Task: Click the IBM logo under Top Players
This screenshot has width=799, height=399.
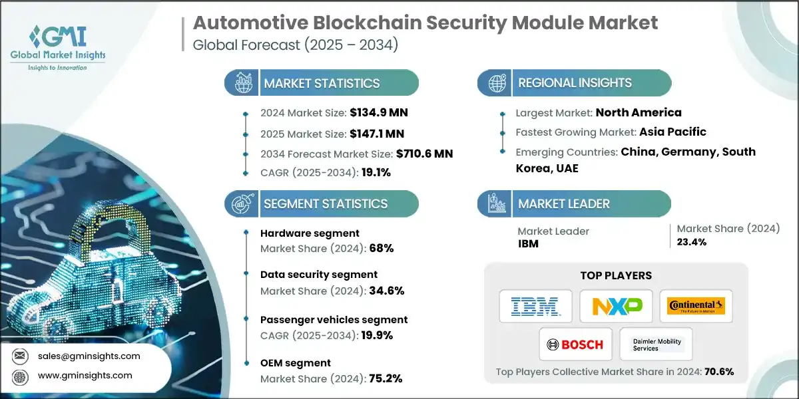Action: point(536,306)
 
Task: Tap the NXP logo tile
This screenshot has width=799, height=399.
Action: point(616,306)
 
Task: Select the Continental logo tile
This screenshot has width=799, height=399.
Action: point(696,306)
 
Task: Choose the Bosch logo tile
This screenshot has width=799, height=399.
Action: point(575,344)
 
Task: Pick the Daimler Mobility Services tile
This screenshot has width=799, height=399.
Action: point(655,344)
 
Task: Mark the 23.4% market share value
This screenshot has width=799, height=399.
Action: point(692,242)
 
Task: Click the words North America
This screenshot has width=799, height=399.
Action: point(639,112)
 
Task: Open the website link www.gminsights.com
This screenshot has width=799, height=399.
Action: point(85,375)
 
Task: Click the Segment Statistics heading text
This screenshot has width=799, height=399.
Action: point(326,203)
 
